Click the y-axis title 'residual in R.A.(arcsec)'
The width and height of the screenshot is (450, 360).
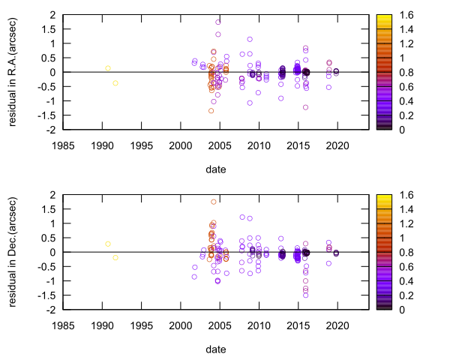coord(14,72)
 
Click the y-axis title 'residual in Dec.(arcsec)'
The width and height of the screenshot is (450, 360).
coord(14,252)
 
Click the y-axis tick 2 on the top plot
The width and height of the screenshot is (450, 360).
coord(52,15)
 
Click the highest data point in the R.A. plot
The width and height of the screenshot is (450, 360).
coord(218,22)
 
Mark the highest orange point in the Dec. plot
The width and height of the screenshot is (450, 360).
coord(214,202)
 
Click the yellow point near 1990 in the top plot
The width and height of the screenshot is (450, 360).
coord(108,68)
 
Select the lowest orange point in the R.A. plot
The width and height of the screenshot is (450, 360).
coord(211,111)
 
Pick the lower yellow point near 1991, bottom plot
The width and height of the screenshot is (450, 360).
coord(115,258)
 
